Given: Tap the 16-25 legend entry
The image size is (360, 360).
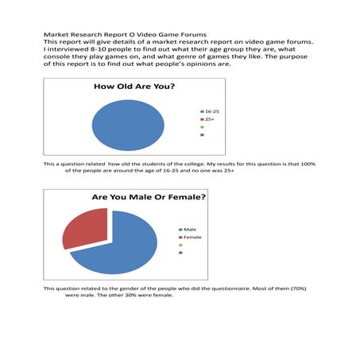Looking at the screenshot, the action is (x=212, y=111).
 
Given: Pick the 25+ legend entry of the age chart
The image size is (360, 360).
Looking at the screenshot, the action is (x=210, y=119).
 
